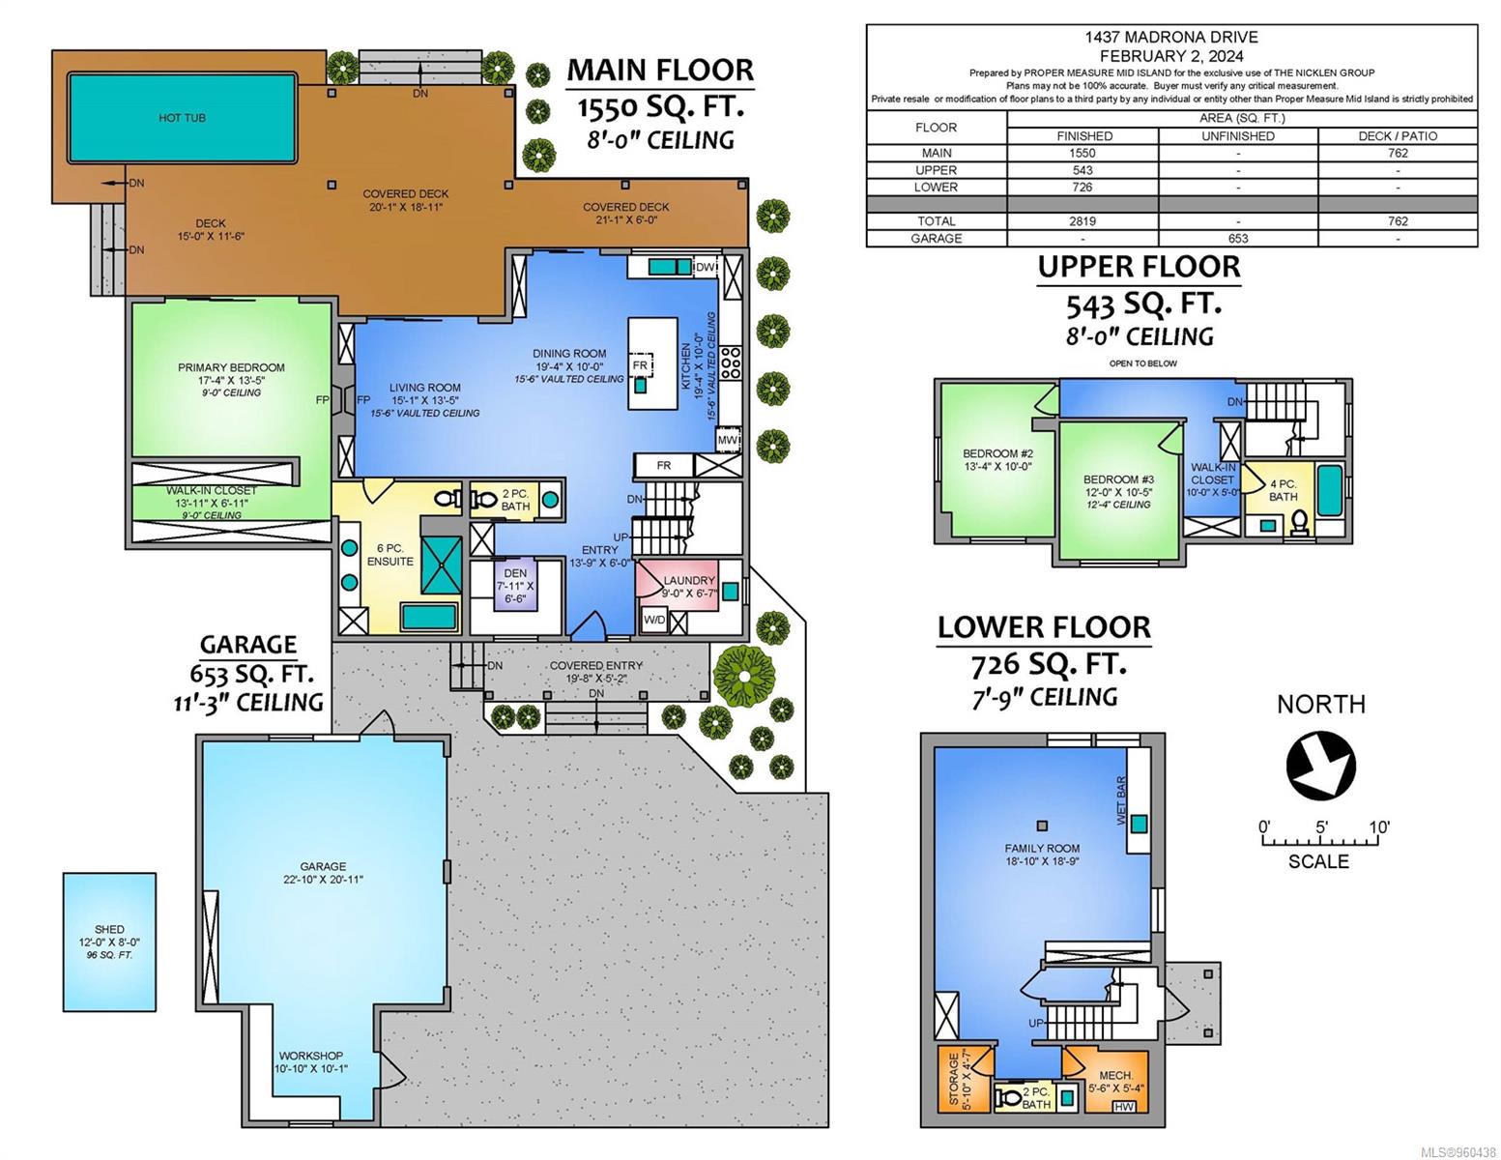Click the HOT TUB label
(x=182, y=118)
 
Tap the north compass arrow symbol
(x=1320, y=767)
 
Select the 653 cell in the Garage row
(x=1238, y=239)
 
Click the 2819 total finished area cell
(x=1082, y=221)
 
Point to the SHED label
(x=109, y=929)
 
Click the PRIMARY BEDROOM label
(x=231, y=367)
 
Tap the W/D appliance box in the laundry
(x=653, y=620)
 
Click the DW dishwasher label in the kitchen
(x=705, y=268)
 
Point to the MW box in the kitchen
(x=728, y=440)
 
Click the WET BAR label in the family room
(x=1120, y=800)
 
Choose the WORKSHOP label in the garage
(x=310, y=1056)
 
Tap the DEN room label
(x=514, y=573)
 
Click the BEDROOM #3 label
(x=1118, y=479)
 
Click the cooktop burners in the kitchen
(x=730, y=362)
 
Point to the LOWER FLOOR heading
(x=1044, y=627)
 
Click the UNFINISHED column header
(x=1238, y=136)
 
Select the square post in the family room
(x=1042, y=826)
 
